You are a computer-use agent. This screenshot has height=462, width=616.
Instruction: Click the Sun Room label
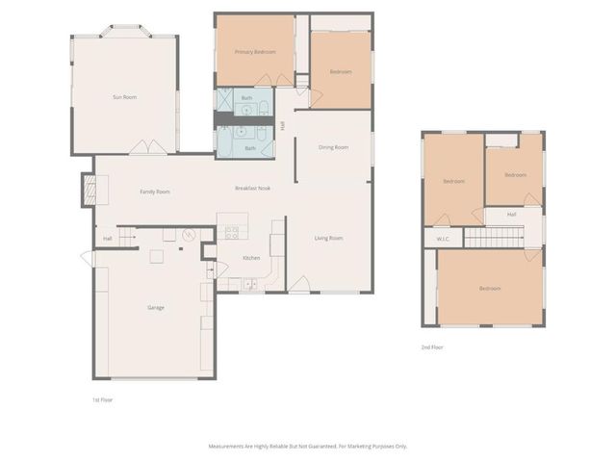pos(124,97)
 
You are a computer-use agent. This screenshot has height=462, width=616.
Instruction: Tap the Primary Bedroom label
pos(255,52)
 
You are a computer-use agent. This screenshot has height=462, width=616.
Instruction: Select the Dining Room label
pos(333,147)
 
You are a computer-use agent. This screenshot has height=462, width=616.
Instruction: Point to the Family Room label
pos(155,192)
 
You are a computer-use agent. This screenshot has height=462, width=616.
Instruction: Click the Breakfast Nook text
pos(252,188)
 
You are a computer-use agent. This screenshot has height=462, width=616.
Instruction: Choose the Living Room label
pos(328,238)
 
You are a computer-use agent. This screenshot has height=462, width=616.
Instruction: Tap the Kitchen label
pos(251,258)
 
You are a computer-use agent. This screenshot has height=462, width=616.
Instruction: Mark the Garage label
pos(155,307)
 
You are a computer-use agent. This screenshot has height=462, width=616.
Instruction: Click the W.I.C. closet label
pos(443,239)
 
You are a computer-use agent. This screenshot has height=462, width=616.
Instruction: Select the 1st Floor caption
pos(103,398)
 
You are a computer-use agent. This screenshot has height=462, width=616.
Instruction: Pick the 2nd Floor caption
pos(432,346)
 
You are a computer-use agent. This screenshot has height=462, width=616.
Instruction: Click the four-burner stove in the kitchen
pos(232,231)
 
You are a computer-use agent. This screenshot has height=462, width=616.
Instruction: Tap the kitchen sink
pos(249,283)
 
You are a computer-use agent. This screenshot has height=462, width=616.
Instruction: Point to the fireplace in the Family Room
pos(89,190)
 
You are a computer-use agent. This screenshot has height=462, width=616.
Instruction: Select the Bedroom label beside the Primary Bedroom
pos(341,72)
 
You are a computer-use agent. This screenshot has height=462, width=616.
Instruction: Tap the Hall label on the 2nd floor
pos(511,214)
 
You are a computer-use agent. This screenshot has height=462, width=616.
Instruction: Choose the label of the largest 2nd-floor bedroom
pos(490,289)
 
